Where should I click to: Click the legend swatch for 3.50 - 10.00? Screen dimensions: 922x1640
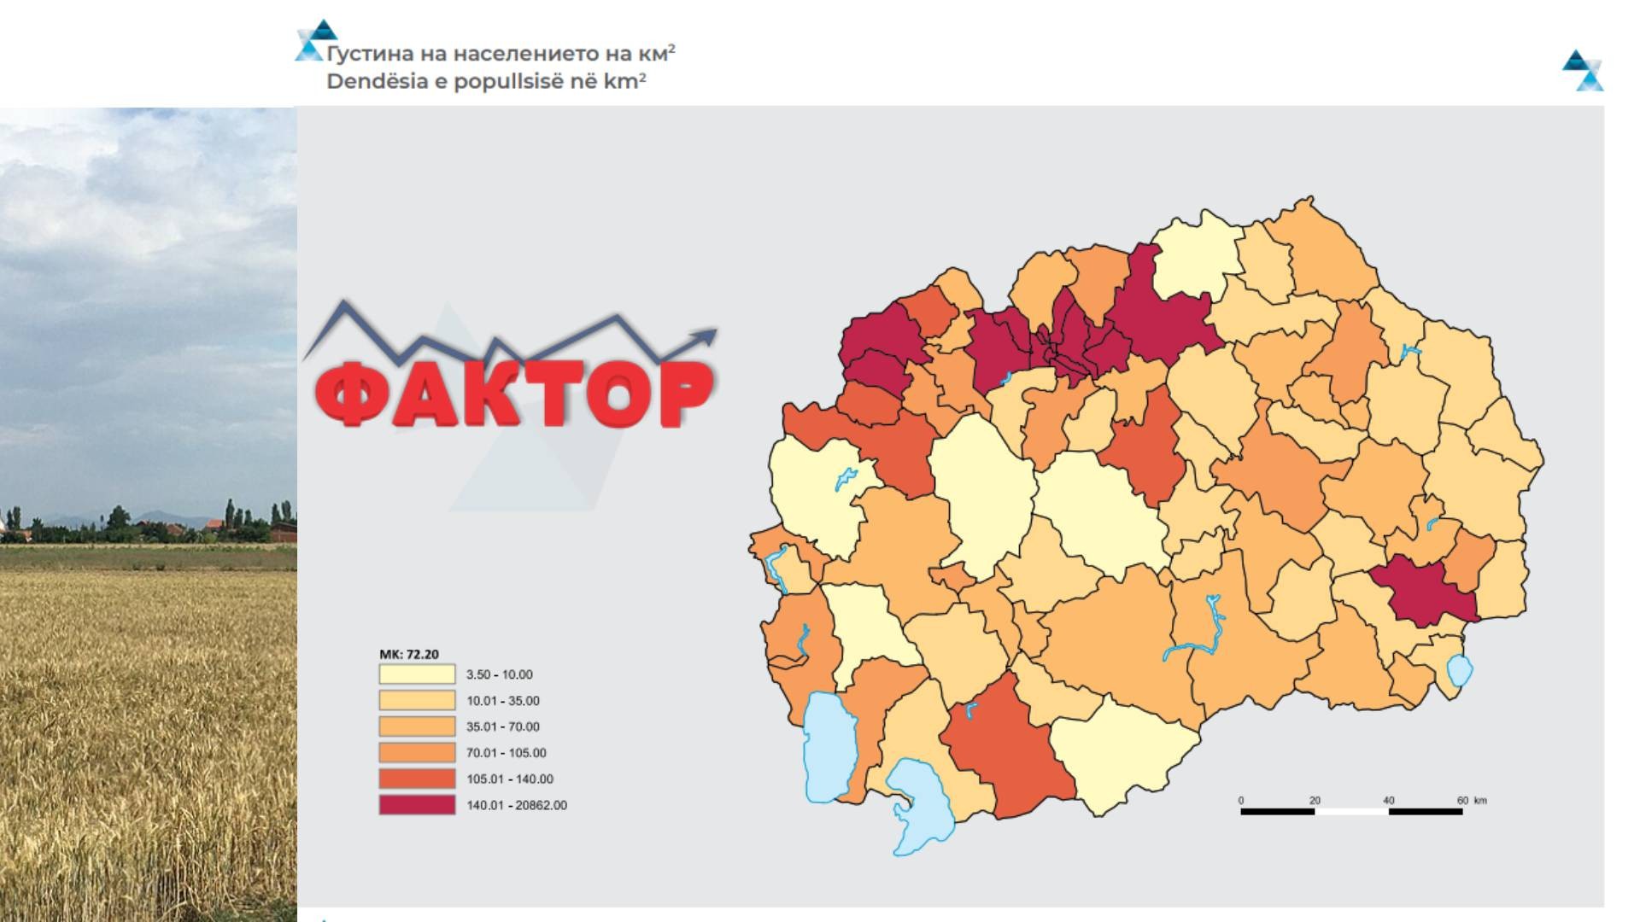coord(417,674)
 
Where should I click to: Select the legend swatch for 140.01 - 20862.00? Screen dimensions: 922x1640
coord(417,805)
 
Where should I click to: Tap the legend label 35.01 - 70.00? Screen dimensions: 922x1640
coord(502,727)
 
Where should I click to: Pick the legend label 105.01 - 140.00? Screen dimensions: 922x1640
coord(509,779)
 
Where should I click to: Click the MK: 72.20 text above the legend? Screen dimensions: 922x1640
coord(408,654)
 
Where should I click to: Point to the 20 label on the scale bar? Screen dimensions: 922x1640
coord(1315,800)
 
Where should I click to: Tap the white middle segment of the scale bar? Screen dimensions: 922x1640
coord(1351,812)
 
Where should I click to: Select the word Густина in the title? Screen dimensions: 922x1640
coord(369,54)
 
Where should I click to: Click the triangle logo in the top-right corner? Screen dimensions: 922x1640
coord(1583,70)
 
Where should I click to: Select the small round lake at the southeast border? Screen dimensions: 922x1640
coord(1460,671)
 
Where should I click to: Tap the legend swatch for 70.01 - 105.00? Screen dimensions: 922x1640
coord(417,753)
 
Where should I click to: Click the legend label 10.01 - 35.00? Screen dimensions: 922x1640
coord(502,701)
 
